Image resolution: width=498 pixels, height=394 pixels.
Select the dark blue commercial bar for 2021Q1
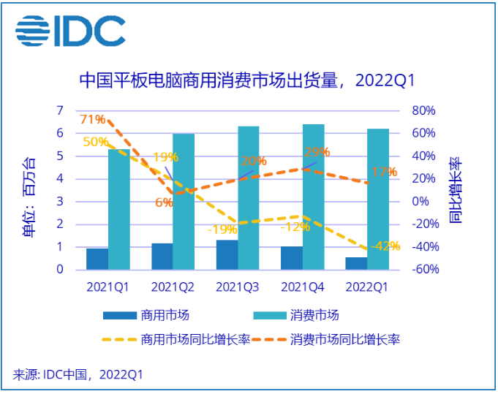[97, 259]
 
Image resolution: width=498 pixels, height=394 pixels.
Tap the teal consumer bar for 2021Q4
[313, 197]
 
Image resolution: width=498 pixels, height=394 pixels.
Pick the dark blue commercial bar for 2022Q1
[356, 263]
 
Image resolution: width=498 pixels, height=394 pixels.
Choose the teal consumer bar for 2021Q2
[184, 202]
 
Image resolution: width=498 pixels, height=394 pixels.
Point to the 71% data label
[92, 120]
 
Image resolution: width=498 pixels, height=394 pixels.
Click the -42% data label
[385, 246]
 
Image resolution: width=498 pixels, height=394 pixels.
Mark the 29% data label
[316, 152]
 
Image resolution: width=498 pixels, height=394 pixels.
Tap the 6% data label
[164, 202]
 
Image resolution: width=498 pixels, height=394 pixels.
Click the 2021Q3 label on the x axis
[237, 287]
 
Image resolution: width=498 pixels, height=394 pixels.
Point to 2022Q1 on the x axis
[366, 287]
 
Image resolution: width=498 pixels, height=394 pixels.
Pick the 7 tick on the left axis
[59, 110]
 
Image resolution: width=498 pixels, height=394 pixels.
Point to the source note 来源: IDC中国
[78, 375]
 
